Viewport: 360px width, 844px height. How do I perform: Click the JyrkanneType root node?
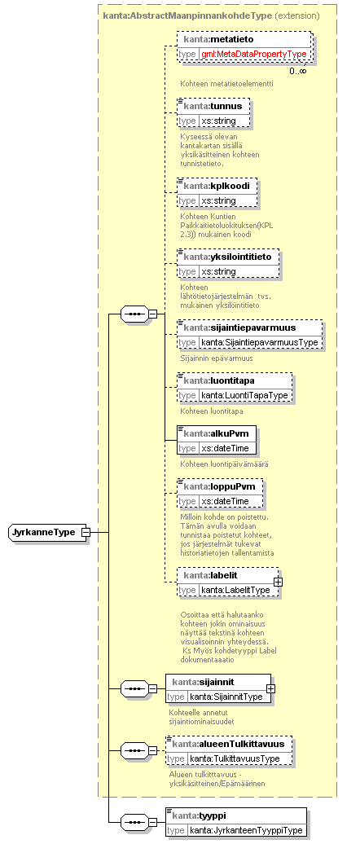pos(45,532)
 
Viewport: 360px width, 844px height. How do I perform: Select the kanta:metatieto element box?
pos(244,46)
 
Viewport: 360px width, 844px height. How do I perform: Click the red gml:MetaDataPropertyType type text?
pos(254,55)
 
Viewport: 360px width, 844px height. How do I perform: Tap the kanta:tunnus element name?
pos(213,106)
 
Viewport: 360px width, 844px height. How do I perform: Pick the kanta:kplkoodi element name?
pos(217,187)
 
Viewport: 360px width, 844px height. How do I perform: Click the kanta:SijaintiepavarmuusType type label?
pos(260,342)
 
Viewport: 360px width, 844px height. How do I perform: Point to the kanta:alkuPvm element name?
pos(216,433)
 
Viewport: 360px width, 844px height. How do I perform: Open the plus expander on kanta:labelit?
pos(278,582)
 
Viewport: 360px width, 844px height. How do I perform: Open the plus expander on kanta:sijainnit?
pos(270,688)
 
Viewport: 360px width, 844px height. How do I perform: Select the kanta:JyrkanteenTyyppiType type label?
pos(246,830)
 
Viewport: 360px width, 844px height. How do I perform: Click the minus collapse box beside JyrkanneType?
pos(86,532)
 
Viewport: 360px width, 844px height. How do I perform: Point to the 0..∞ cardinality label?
pos(298,71)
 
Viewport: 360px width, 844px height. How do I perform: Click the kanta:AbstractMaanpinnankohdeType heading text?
pos(187,15)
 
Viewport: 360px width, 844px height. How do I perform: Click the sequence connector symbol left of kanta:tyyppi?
pos(134,822)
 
